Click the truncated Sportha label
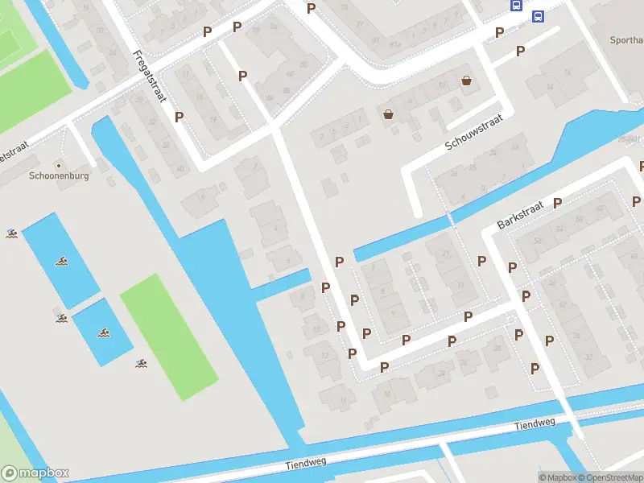(625, 39)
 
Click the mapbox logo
(35, 473)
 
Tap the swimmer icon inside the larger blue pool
(61, 261)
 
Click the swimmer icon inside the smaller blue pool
(103, 332)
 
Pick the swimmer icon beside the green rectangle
(142, 364)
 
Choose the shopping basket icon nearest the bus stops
(466, 80)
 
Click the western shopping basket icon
(389, 114)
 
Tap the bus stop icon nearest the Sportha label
(537, 15)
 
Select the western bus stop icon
(515, 5)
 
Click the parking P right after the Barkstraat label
(556, 203)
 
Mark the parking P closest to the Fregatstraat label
(179, 117)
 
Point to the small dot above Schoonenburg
(58, 165)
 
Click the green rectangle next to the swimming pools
(169, 336)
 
